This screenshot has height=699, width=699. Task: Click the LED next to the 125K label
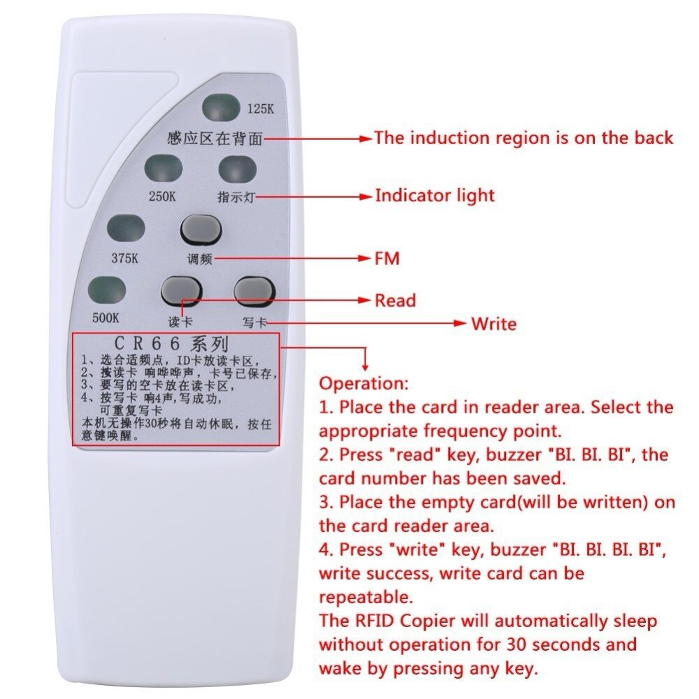tap(220, 108)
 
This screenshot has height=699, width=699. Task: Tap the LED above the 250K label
tap(164, 168)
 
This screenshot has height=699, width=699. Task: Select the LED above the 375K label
tap(126, 229)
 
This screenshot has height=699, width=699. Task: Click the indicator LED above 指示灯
tap(238, 168)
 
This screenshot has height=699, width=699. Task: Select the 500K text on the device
tap(106, 317)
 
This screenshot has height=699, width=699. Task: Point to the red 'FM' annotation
tap(387, 259)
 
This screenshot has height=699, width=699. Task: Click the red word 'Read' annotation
tap(395, 301)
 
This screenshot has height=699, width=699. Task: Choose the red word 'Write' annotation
tap(493, 324)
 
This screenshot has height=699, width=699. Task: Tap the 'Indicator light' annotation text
tap(434, 195)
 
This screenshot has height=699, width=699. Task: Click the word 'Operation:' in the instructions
tap(362, 384)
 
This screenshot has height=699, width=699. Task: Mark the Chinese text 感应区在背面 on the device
tap(215, 138)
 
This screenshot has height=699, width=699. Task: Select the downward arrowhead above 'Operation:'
tap(364, 366)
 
